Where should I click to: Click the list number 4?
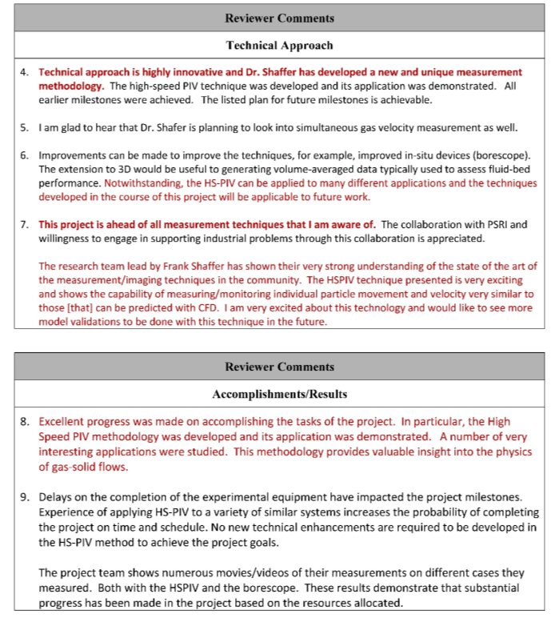(24, 72)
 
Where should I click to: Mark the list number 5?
(24, 127)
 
